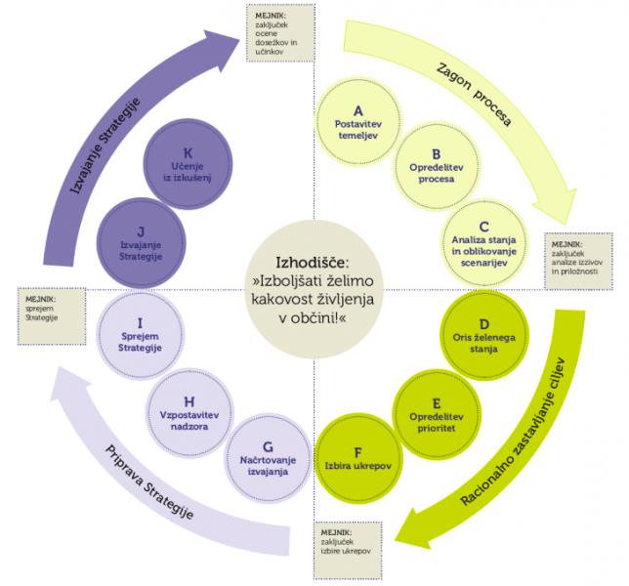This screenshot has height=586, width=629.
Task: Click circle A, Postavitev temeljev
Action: pos(358,122)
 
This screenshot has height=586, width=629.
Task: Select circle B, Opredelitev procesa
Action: pos(436,166)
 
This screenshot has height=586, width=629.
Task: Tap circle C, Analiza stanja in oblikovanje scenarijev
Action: pos(483,242)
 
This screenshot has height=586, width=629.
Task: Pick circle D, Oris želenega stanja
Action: pos(483,335)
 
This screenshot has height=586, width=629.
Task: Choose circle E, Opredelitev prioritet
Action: pos(436,414)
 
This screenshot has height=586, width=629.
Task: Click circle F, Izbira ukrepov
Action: pos(357,458)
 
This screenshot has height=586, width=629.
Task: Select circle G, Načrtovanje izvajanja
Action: pos(268,458)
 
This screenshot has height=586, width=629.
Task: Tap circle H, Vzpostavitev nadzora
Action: pos(189,413)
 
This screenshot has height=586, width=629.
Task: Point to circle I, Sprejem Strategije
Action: pos(140,335)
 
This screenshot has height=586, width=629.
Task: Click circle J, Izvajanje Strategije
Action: pos(141,243)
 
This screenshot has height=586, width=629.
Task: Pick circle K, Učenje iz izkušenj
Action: pos(188,164)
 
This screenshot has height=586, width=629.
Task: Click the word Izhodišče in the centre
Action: pos(313,263)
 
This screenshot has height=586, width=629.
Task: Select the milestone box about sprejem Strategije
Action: pos(52,316)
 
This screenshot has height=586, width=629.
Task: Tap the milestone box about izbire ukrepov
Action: pos(348,550)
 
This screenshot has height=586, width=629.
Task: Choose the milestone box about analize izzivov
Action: pos(578,261)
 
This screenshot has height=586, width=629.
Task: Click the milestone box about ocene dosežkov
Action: pos(280,33)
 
